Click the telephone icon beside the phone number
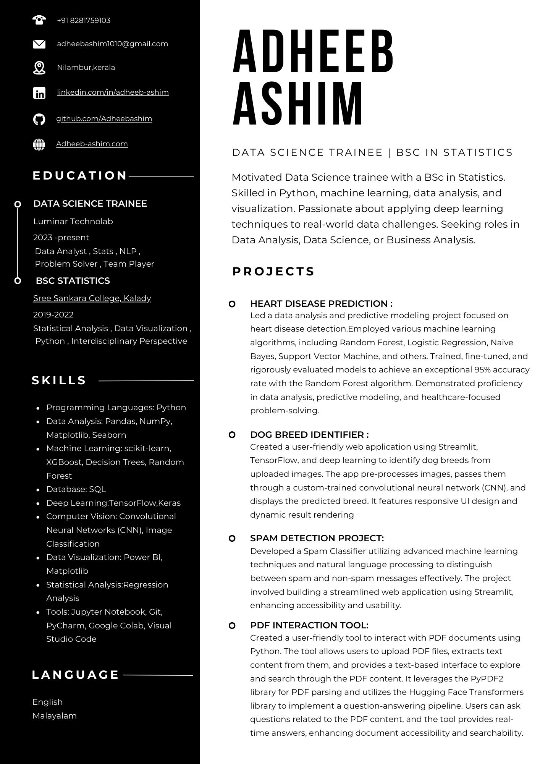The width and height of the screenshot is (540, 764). (39, 20)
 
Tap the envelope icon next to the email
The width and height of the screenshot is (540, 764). (39, 44)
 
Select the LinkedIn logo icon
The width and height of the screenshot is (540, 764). (39, 93)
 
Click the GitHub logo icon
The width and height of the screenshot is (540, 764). (39, 119)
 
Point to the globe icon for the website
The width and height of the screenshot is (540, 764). (39, 144)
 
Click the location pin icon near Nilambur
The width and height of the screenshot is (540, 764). (39, 68)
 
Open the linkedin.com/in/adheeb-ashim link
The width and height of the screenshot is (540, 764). (113, 92)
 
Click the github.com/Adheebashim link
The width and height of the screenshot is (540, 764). (104, 118)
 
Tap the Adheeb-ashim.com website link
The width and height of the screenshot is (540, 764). (92, 144)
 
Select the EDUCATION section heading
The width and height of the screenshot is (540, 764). (80, 175)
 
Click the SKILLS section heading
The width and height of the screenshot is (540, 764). (59, 380)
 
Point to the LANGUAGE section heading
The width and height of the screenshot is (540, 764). (76, 675)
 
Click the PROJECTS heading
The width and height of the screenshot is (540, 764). (273, 271)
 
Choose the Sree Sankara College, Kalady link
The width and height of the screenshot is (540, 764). (92, 298)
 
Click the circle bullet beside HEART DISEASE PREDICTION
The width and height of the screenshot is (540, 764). (232, 304)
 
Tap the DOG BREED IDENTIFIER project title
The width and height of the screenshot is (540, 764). (309, 435)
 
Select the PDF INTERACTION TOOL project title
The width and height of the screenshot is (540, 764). (309, 625)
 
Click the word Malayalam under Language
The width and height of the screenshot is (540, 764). (55, 715)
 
